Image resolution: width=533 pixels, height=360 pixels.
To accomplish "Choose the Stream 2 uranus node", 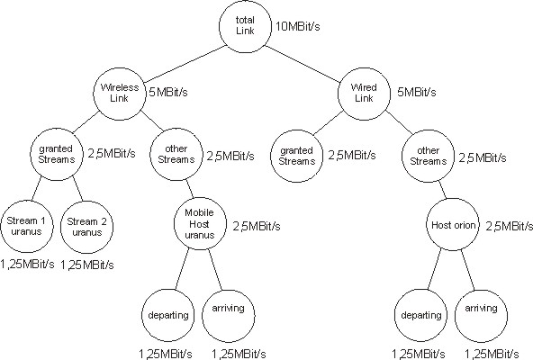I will [x=89, y=224].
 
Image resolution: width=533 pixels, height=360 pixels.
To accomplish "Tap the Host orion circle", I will [x=449, y=224].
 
